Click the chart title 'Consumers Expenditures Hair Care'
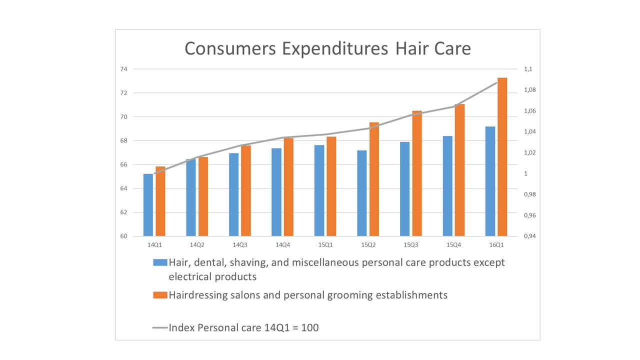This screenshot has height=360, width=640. (x=327, y=48)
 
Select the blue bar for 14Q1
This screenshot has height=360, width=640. (x=148, y=205)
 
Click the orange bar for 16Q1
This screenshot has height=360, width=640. (x=502, y=157)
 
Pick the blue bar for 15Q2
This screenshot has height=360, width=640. (x=362, y=193)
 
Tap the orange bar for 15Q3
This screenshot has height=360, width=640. (x=417, y=173)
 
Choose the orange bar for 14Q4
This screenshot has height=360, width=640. (x=288, y=187)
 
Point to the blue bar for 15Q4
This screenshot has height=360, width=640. (x=447, y=186)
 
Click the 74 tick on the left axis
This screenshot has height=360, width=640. (x=123, y=69)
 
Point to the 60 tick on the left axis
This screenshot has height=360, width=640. (x=123, y=236)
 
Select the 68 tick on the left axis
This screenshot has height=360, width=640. (x=123, y=141)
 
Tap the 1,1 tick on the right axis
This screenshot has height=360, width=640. (x=528, y=69)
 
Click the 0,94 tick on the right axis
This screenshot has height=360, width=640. (x=529, y=236)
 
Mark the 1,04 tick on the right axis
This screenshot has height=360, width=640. (x=529, y=131)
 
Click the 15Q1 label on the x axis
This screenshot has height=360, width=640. (x=325, y=245)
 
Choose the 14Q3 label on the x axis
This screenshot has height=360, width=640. (x=240, y=245)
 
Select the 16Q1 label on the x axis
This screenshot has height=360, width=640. (x=496, y=245)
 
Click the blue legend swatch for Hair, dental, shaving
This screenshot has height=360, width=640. (x=160, y=262)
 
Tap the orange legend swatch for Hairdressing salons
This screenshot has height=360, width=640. (x=160, y=295)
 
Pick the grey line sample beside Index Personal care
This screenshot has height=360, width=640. (x=160, y=327)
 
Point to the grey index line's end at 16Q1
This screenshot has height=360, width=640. (x=496, y=83)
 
